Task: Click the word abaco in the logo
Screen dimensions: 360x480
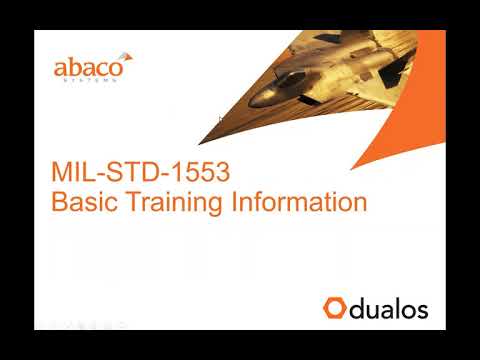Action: [x=86, y=69]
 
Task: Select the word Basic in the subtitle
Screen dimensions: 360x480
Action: [x=83, y=202]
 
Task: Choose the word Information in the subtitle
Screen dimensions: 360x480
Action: [x=299, y=202]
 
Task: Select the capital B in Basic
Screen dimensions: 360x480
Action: [x=58, y=202]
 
